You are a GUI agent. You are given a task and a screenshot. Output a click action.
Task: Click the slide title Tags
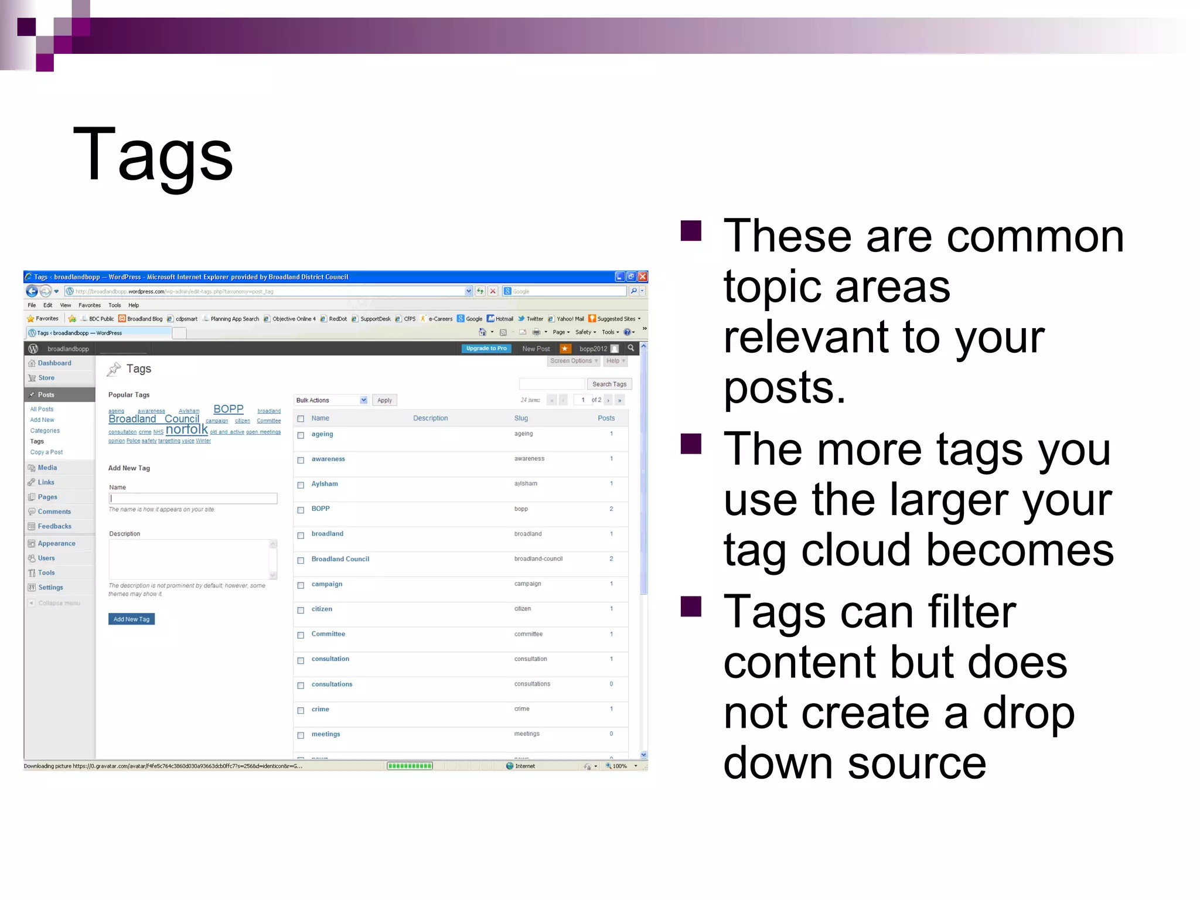(153, 155)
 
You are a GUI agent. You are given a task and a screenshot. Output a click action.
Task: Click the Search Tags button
(609, 384)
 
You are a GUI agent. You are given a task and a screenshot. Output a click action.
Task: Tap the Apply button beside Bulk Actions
(384, 400)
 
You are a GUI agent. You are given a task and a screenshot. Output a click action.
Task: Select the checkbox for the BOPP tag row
(301, 510)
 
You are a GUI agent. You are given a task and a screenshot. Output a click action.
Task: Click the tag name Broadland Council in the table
(340, 559)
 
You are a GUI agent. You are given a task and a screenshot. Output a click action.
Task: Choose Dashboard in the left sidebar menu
(54, 363)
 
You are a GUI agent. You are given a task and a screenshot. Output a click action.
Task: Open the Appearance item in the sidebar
(56, 544)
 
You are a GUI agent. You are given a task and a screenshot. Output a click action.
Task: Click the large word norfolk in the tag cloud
(186, 429)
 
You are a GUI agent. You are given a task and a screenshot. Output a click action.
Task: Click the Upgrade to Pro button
(486, 349)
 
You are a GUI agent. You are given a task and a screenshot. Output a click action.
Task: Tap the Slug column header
(521, 418)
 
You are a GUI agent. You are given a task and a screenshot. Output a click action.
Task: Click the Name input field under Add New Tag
(193, 499)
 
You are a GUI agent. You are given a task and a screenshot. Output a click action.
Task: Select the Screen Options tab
(573, 361)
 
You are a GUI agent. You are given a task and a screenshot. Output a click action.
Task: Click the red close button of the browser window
(642, 277)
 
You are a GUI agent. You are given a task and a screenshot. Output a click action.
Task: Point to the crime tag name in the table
(320, 709)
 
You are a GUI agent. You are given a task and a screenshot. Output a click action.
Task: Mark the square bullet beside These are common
(691, 231)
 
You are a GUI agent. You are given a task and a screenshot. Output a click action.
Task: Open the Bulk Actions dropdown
(331, 400)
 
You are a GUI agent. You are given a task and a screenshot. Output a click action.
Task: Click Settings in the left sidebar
(50, 588)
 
